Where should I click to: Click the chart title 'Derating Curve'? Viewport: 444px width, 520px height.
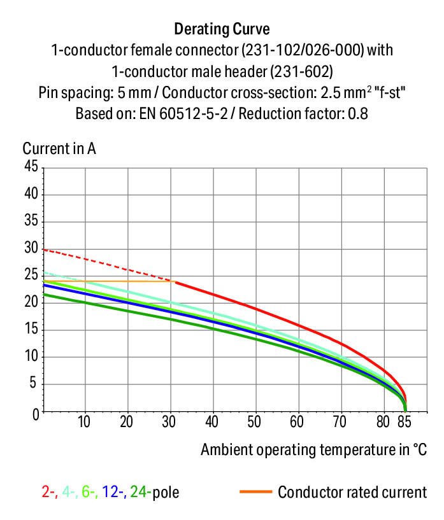click(x=222, y=29)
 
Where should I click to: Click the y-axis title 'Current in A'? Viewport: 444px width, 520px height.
click(x=59, y=149)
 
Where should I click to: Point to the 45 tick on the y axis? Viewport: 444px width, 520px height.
click(x=31, y=167)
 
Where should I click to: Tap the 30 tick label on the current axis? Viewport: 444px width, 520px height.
click(x=31, y=249)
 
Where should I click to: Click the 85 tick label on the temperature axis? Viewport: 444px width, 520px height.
click(x=405, y=423)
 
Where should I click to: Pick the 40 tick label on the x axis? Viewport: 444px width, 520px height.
click(x=212, y=423)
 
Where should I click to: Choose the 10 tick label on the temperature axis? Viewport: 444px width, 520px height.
click(x=84, y=423)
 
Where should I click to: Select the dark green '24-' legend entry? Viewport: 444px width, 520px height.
click(x=140, y=492)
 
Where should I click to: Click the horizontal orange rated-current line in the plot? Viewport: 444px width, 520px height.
click(x=108, y=281)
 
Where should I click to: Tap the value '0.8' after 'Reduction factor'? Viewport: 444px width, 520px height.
click(x=357, y=115)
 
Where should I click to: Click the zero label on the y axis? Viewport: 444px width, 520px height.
click(x=35, y=413)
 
